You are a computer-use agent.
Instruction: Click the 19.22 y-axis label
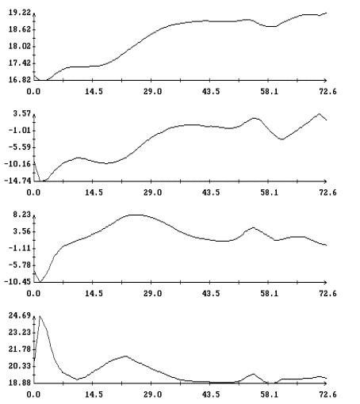tap(20, 13)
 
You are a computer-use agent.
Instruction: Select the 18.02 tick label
tap(20, 47)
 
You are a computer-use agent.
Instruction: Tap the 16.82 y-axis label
tap(20, 80)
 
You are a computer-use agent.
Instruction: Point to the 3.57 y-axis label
tap(22, 114)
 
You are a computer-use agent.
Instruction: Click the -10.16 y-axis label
tap(17, 164)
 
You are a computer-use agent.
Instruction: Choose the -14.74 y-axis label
tap(17, 181)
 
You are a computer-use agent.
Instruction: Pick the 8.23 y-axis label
tap(22, 215)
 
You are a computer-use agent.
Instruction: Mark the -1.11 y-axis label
tap(20, 248)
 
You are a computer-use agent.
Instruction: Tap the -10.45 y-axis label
tap(17, 282)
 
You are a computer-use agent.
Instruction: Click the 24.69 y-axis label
tap(20, 315)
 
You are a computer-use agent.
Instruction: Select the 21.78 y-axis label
tap(20, 349)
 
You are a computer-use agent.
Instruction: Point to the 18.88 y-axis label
tap(20, 383)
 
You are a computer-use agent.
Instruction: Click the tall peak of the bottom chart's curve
tap(40, 316)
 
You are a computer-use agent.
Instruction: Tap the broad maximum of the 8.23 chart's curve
tap(135, 215)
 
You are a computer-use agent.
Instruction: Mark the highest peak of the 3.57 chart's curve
tap(319, 114)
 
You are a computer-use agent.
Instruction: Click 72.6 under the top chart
tap(328, 92)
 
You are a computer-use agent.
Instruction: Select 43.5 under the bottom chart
tap(211, 394)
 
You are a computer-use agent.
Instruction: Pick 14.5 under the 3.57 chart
tap(94, 192)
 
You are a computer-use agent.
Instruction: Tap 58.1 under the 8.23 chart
tap(270, 293)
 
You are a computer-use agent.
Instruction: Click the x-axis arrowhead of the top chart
tap(326, 80)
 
